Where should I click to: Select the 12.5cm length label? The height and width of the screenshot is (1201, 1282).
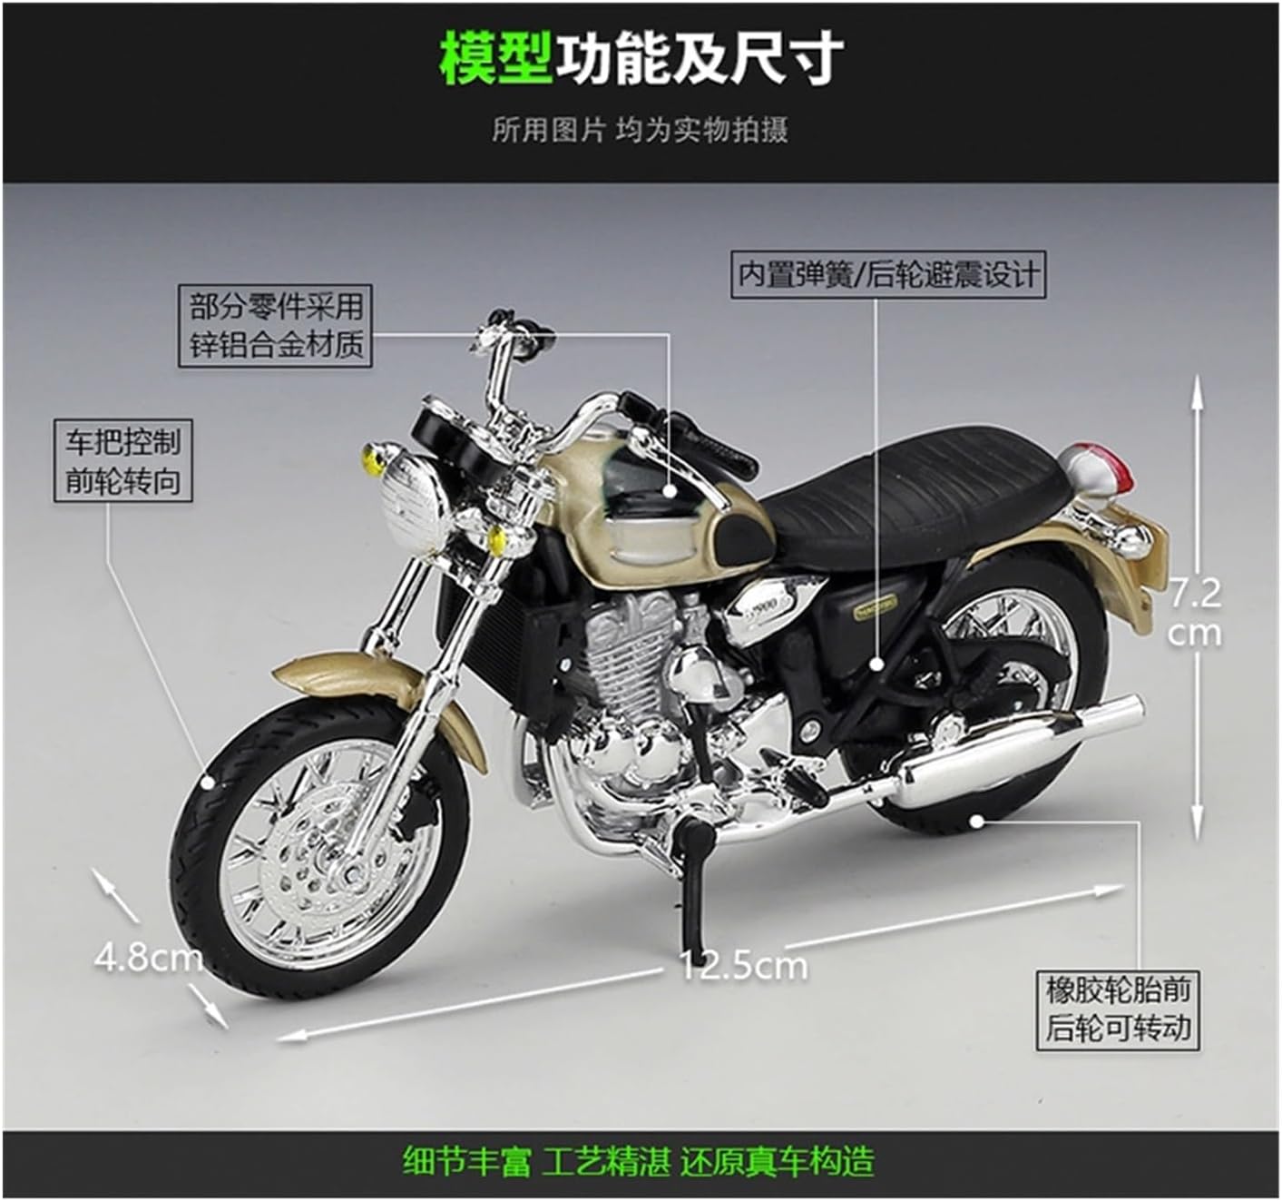[743, 965]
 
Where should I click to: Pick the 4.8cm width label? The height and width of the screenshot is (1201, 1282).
[148, 957]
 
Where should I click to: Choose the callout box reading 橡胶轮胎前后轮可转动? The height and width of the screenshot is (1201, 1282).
[1117, 1008]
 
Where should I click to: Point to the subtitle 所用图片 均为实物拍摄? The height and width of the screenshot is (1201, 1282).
[640, 130]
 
